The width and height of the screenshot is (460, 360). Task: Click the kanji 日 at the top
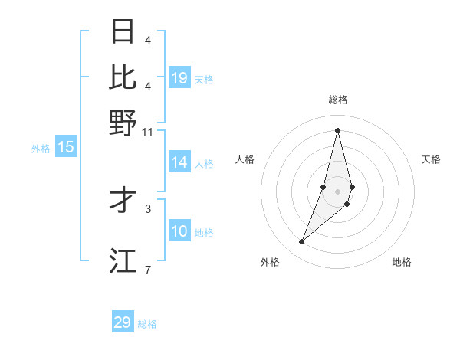tap(123, 31)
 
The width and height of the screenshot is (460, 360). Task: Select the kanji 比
tap(123, 76)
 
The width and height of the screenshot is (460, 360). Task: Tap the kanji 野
tap(123, 122)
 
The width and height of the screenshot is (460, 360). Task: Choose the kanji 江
tap(123, 260)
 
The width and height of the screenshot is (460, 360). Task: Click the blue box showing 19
tap(179, 78)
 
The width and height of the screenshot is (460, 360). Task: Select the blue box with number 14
tap(179, 162)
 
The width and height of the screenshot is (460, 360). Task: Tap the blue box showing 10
tap(179, 231)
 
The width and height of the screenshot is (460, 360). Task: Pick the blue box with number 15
tap(66, 147)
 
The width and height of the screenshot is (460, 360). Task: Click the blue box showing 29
tap(123, 322)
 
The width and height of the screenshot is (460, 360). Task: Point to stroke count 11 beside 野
tap(148, 132)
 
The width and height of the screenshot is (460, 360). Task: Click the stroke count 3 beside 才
tap(148, 208)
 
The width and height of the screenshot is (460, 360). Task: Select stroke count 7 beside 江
tap(148, 270)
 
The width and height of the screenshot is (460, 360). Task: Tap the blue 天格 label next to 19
tap(204, 79)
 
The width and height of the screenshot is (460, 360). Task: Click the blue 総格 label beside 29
tap(147, 324)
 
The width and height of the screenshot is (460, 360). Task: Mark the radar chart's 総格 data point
tap(337, 130)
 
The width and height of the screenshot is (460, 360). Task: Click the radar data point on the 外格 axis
tap(302, 242)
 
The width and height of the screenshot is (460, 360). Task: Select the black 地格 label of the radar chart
tap(402, 262)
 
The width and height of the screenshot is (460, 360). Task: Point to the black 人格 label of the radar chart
tap(245, 159)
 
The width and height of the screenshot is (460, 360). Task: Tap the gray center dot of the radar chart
tap(337, 191)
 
